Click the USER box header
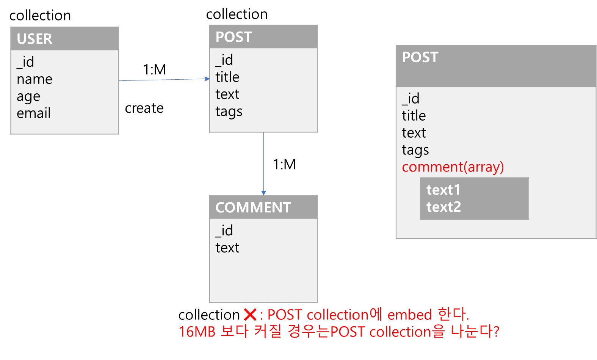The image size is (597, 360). pyautogui.click(x=64, y=39)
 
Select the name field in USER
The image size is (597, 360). pyautogui.click(x=34, y=79)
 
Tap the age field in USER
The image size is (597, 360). pyautogui.click(x=28, y=97)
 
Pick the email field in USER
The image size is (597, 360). pyautogui.click(x=34, y=113)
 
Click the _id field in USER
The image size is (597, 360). pyautogui.click(x=25, y=62)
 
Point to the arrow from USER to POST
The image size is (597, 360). pyautogui.click(x=164, y=80)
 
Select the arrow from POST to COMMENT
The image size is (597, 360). pyautogui.click(x=263, y=163)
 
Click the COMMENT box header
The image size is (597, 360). pyautogui.click(x=263, y=208)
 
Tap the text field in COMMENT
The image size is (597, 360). pyautogui.click(x=227, y=248)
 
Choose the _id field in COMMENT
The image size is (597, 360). pyautogui.click(x=224, y=231)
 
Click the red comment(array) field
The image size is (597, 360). pyautogui.click(x=453, y=167)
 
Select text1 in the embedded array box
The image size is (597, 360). pyautogui.click(x=443, y=190)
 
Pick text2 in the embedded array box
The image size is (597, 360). pyautogui.click(x=443, y=207)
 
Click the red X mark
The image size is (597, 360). pyautogui.click(x=250, y=315)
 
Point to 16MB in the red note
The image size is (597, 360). pyautogui.click(x=197, y=332)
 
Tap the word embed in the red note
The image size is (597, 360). pyautogui.click(x=409, y=315)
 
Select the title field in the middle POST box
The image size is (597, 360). pyautogui.click(x=227, y=77)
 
